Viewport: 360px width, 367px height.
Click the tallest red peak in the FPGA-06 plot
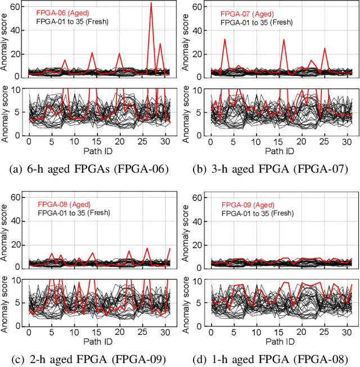point(151,3)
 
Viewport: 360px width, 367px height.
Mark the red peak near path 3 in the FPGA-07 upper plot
point(225,39)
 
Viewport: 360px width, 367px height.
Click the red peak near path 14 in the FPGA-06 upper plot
point(92,53)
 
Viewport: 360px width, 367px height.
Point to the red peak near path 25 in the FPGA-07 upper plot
point(325,48)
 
